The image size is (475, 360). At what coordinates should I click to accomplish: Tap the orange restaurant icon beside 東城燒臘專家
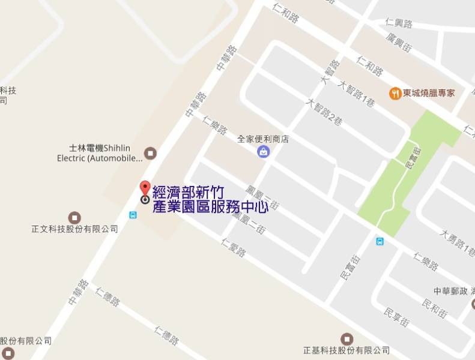click(x=395, y=93)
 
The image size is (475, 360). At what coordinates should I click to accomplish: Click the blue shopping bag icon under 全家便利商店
click(x=263, y=152)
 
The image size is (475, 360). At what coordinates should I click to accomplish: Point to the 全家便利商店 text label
click(x=263, y=139)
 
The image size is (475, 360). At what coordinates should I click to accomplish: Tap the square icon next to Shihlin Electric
click(x=150, y=153)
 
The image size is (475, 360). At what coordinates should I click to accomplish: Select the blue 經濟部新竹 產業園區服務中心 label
click(x=210, y=200)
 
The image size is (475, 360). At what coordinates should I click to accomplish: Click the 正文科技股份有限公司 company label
click(x=75, y=229)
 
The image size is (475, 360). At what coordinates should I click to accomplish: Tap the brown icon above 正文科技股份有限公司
click(x=74, y=217)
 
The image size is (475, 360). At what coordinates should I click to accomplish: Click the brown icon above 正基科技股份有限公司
click(x=346, y=339)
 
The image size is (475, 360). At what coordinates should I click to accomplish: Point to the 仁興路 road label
click(x=400, y=23)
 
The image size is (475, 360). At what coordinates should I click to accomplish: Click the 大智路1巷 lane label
click(x=356, y=94)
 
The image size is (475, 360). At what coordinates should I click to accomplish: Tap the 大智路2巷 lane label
click(x=324, y=111)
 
